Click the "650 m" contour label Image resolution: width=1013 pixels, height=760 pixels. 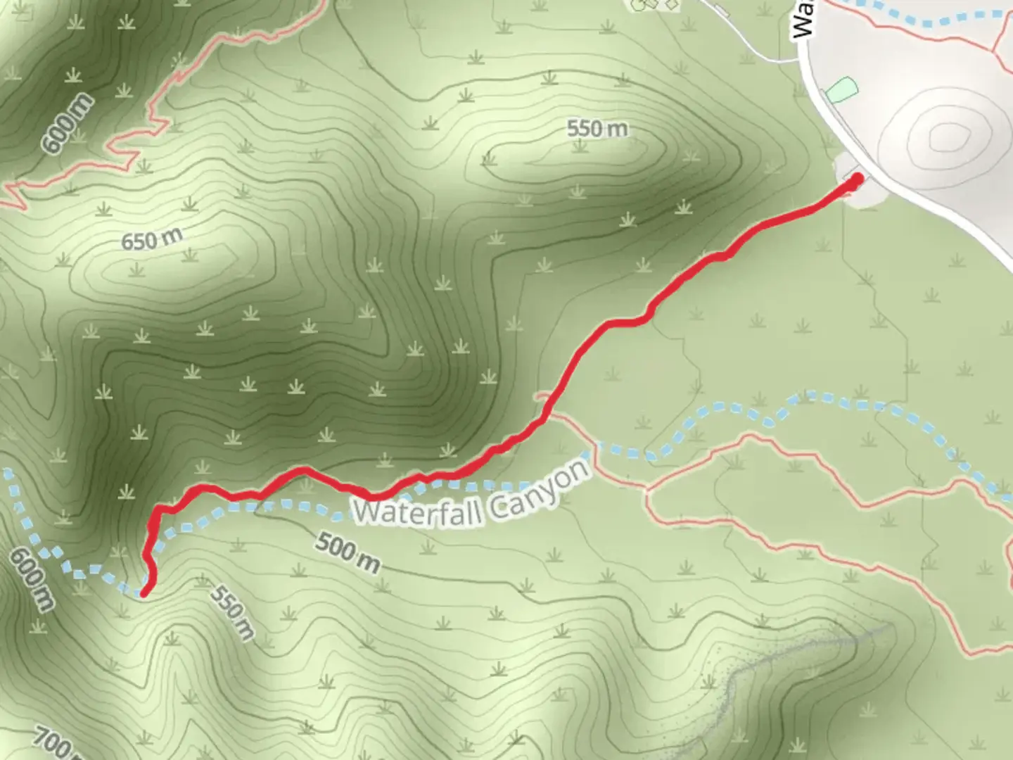151,239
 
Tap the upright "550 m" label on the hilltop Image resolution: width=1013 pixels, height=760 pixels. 597,128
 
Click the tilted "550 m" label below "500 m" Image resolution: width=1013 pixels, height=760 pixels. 231,613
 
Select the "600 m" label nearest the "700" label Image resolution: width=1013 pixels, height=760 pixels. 32,579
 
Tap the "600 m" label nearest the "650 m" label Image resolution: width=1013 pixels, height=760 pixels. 67,124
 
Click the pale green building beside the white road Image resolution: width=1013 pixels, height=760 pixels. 841,89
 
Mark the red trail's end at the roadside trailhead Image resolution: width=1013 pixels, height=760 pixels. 857,179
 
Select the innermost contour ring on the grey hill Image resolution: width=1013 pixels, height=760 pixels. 949,137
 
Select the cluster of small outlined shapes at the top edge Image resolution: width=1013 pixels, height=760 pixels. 654,5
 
